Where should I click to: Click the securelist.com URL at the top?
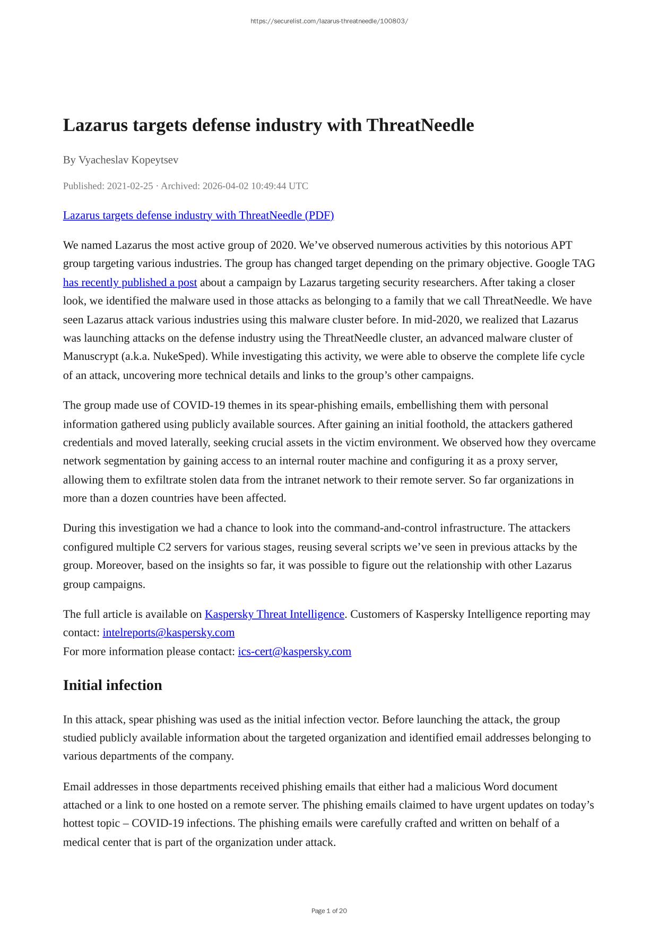pyautogui.click(x=329, y=21)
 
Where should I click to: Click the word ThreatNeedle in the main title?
pyautogui.click(x=420, y=125)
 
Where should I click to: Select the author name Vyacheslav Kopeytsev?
pyautogui.click(x=128, y=160)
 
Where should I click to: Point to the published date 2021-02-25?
pyautogui.click(x=130, y=186)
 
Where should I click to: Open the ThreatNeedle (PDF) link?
pyautogui.click(x=198, y=215)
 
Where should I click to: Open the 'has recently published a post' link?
pyautogui.click(x=130, y=282)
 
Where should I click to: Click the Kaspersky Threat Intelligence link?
pyautogui.click(x=274, y=614)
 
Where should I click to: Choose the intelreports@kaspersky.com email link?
pyautogui.click(x=169, y=633)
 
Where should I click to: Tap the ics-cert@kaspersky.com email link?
pyautogui.click(x=294, y=651)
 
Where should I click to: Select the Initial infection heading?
pyautogui.click(x=112, y=685)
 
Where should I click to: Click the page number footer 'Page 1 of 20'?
pyautogui.click(x=329, y=911)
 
